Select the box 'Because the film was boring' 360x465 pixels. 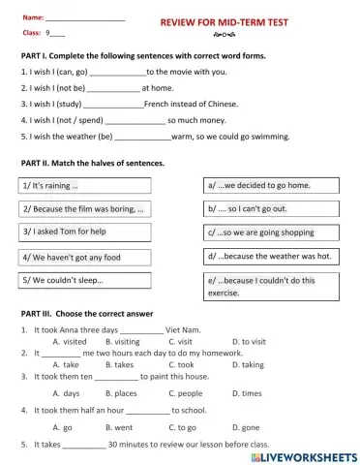[x=84, y=208]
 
